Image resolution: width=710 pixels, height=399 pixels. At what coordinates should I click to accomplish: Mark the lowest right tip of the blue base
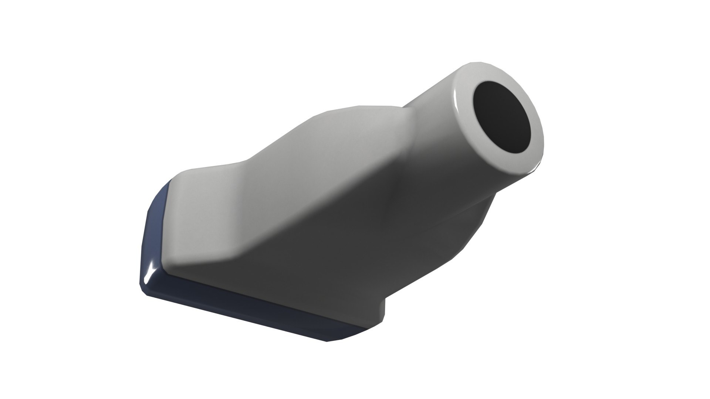pos(327,340)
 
